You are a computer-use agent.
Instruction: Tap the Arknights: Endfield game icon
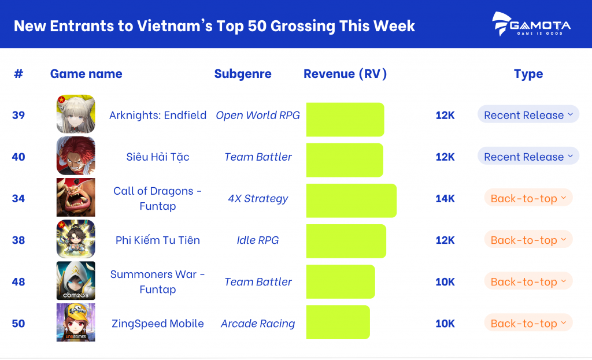pos(76,114)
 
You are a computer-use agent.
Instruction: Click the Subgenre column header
pos(243,74)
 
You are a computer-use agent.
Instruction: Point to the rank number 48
pos(18,282)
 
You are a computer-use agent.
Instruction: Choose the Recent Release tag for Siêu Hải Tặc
pos(528,157)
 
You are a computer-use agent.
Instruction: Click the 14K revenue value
pos(445,199)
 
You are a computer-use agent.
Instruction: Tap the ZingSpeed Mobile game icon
pos(76,322)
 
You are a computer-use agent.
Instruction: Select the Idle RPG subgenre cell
pos(258,240)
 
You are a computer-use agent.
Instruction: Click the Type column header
pos(528,74)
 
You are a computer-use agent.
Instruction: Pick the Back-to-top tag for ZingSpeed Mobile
pos(528,323)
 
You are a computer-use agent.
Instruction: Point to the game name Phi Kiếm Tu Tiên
pos(158,240)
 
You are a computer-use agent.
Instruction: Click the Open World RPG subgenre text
pos(258,116)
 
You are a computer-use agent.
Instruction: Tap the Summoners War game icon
pos(76,281)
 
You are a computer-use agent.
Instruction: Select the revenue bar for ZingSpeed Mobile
pos(338,322)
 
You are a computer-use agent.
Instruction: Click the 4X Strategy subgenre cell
pos(258,199)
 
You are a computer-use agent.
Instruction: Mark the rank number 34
pos(18,199)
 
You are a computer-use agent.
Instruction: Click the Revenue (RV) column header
pos(345,74)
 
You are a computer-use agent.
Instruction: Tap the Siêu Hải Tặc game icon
pos(76,156)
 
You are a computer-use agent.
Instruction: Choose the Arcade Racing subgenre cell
pos(258,324)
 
